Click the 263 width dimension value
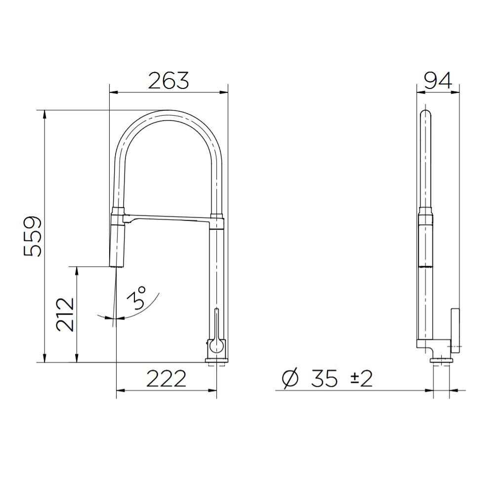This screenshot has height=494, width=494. point(168,81)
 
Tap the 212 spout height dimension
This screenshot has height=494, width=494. point(65,314)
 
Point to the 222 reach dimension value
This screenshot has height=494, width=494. point(166,379)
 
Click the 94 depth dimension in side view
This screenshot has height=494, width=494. point(438,81)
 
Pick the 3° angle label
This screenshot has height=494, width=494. point(138,298)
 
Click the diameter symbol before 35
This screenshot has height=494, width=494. point(290,379)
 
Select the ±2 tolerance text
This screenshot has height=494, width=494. point(361,379)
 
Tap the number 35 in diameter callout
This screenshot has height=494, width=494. point(325,379)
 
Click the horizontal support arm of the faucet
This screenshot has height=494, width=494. point(168,219)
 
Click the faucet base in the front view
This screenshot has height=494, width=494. point(217,361)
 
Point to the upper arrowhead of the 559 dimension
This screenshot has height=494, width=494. point(45,113)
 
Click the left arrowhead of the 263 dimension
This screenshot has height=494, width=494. point(112,92)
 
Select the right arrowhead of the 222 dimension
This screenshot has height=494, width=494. point(214,391)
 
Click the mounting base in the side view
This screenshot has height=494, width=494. point(442,361)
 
